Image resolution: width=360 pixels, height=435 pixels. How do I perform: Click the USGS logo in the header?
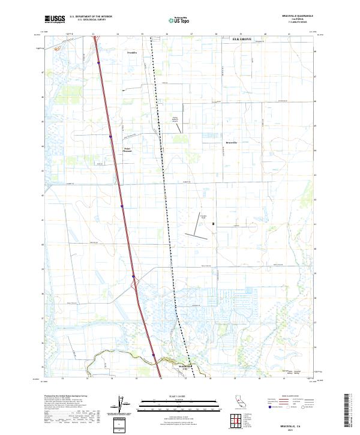pyautogui.click(x=55, y=19)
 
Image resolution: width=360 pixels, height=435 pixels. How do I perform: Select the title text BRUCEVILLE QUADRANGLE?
pyautogui.click(x=297, y=16)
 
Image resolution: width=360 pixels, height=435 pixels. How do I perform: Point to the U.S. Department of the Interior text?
pyautogui.click(x=91, y=16)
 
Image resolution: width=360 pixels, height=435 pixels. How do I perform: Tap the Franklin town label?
pyautogui.click(x=132, y=53)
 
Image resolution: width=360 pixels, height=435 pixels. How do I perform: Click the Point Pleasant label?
pyautogui.click(x=127, y=149)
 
